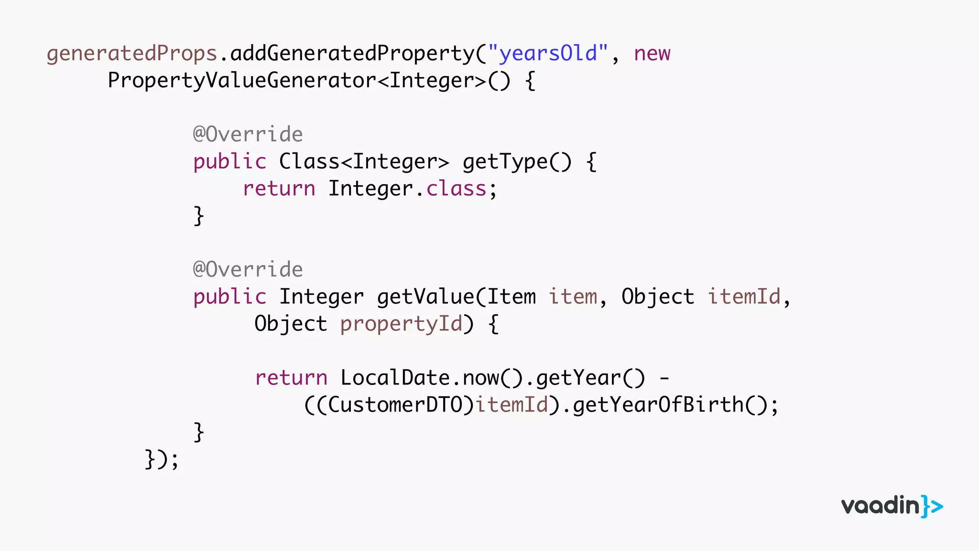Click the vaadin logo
point(892,506)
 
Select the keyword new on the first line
point(652,53)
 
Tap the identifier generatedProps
point(132,53)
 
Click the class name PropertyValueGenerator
point(242,80)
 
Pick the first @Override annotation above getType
point(248,134)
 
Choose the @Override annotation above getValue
point(248,270)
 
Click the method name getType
point(505,162)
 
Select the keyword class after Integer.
point(456,188)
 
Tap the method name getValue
point(425,297)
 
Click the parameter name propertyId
point(401,324)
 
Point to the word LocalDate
point(395,378)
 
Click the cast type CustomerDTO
point(395,405)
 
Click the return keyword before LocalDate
point(291,378)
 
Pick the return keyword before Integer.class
point(279,188)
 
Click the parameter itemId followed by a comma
point(744,297)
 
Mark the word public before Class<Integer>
point(229,162)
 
